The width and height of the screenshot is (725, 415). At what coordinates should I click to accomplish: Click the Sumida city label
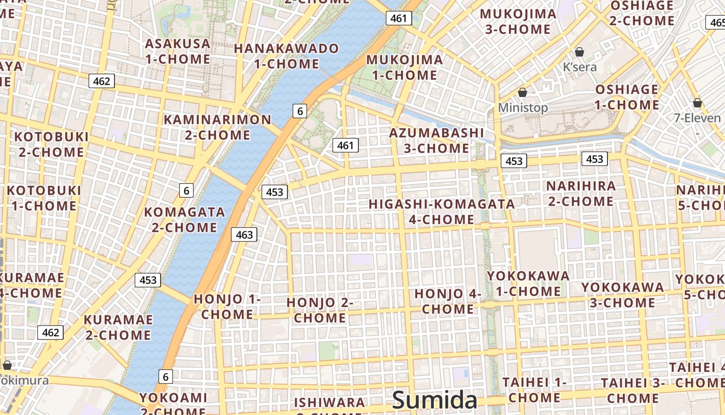tap(434, 400)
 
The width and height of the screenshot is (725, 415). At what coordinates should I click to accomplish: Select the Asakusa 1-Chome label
tap(178, 51)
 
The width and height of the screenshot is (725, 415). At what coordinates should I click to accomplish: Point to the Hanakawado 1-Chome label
tap(286, 56)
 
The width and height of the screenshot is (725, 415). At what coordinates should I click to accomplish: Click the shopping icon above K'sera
tap(579, 52)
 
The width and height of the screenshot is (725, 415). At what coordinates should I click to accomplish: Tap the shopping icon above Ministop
tap(523, 92)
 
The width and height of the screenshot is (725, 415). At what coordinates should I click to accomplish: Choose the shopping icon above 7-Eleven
tap(698, 103)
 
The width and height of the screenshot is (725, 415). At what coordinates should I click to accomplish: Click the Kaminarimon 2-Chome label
tap(218, 127)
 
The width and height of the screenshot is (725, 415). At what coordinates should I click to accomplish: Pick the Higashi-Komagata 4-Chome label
tap(442, 212)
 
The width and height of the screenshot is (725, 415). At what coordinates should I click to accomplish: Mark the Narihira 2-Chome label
tap(581, 193)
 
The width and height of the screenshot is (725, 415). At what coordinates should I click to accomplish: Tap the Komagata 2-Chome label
tap(184, 219)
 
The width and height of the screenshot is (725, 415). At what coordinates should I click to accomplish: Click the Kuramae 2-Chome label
tap(118, 327)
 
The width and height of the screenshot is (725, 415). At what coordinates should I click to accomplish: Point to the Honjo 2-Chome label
tap(320, 310)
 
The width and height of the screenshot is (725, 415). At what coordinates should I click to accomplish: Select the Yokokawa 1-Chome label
tap(528, 283)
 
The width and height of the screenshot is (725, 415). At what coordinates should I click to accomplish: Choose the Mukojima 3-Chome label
tap(518, 21)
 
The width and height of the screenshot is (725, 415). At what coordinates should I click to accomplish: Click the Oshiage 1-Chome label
tap(627, 97)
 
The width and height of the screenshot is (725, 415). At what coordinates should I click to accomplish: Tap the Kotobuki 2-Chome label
tap(51, 144)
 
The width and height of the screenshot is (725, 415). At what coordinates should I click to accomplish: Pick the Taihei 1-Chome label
tap(534, 390)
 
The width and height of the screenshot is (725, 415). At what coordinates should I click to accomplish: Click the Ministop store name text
tap(523, 108)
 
